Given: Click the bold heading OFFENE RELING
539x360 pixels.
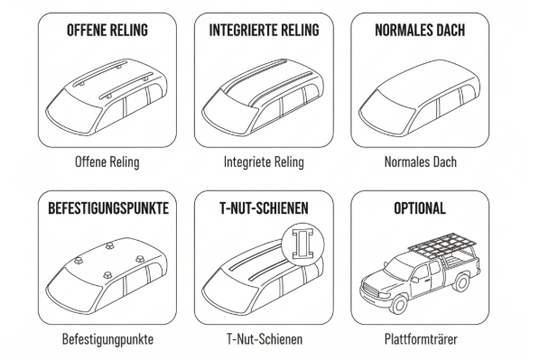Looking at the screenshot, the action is coord(107,31).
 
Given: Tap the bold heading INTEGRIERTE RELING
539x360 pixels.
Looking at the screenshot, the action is coord(264,31).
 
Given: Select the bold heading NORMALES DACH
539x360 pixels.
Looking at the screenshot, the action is coord(420,31).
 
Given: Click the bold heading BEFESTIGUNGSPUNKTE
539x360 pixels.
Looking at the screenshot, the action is coord(108,208).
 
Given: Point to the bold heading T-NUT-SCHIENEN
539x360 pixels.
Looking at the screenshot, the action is coord(264,208).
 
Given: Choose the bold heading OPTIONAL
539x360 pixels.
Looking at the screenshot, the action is coord(420,208).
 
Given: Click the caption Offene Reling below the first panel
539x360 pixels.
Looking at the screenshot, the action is coord(107,162).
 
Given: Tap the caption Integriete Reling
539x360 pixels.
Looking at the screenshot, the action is coord(264,162).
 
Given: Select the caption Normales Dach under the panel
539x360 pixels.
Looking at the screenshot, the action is coord(421,162).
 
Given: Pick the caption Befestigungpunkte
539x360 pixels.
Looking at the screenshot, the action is coord(107,339).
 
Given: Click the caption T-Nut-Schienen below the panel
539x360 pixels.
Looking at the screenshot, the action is coord(265,339).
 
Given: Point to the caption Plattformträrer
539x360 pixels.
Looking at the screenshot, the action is coord(421,339).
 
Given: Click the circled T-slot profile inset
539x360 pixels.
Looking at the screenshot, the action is coord(302,245).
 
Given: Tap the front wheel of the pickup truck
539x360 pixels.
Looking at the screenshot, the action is coord(399,303).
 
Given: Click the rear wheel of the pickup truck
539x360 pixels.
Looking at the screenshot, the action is coord(461,282).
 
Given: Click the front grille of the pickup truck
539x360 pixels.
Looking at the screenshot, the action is coord(369,289).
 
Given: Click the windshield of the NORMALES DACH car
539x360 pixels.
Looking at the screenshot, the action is coord(386,109).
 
